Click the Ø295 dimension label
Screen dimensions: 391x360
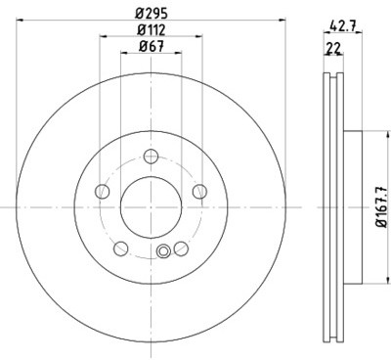point(152,13)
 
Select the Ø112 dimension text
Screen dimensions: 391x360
point(152,29)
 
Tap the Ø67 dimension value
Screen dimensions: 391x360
point(152,46)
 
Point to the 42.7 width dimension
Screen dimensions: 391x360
point(342,25)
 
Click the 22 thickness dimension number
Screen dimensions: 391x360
point(333,48)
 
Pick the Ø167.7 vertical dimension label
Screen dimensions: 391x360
point(381,207)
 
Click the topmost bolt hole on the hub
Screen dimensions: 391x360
point(151,157)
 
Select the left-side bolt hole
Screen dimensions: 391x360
point(102,192)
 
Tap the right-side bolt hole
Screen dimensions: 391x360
point(199,192)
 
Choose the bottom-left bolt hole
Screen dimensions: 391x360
point(121,248)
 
